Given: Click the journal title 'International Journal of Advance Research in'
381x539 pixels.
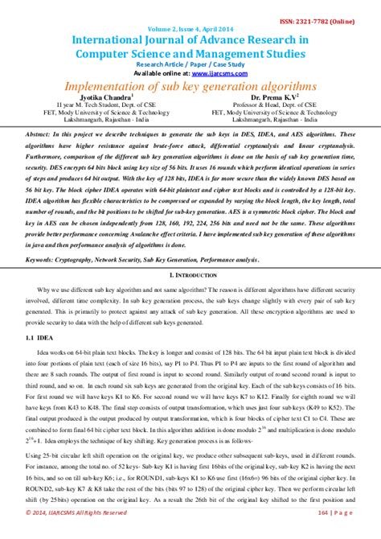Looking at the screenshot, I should [x=190, y=39].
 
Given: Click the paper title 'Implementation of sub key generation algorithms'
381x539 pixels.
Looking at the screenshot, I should [x=190, y=85].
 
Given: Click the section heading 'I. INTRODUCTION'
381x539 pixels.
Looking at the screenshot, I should [x=190, y=275].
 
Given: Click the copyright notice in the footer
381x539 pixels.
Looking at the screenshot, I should [x=76, y=532].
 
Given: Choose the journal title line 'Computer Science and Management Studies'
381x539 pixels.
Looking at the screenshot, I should [x=190, y=52].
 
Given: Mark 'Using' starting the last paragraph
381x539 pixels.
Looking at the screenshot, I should [x=35, y=456].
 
